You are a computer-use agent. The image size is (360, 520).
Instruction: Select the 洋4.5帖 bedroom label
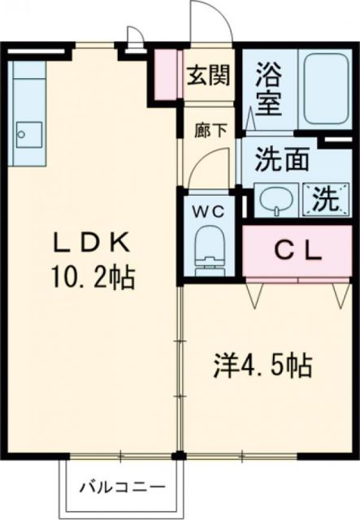(x=262, y=365)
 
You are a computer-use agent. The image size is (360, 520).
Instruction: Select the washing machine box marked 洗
(x=323, y=197)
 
